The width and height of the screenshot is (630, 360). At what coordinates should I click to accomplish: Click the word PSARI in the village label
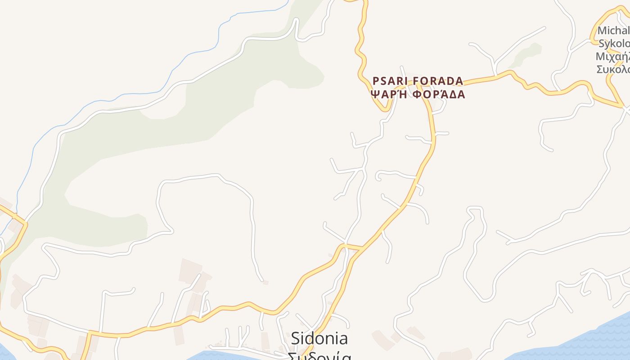(390, 81)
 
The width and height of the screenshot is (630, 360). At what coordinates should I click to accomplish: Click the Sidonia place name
(319, 338)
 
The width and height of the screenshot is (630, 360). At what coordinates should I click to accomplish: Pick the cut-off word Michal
(613, 31)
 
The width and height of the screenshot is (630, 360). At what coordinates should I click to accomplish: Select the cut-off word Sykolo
(614, 43)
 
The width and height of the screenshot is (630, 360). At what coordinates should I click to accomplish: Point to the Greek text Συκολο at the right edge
(613, 69)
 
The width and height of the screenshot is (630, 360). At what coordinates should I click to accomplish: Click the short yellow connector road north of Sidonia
(354, 246)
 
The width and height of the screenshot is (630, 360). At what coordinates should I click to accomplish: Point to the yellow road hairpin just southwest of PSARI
(385, 108)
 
